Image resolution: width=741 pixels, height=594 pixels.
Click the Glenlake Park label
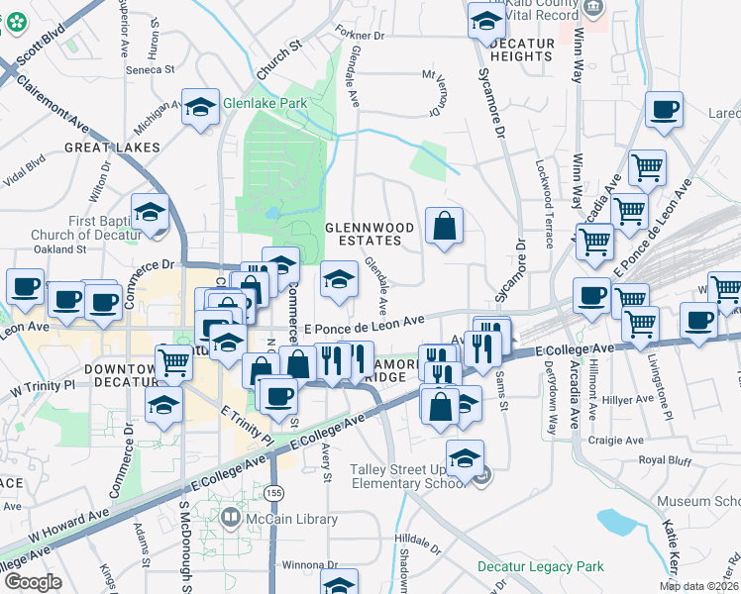point(265,104)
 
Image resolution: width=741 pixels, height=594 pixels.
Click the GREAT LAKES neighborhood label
point(112,148)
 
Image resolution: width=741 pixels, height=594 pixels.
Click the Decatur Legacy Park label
point(526,566)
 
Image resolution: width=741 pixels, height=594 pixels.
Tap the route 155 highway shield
point(272,492)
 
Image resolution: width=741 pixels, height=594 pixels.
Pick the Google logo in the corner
point(33,582)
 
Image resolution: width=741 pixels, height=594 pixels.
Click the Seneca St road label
point(150,70)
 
